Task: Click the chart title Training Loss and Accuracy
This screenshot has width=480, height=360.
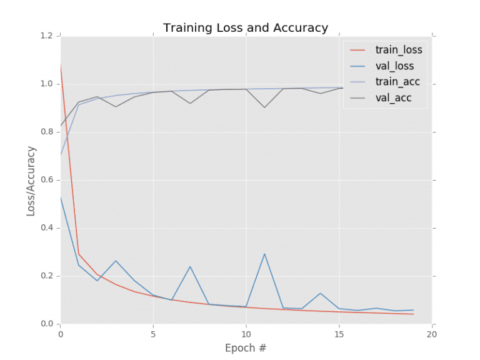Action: [246, 28]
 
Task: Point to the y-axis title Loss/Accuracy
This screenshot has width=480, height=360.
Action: [32, 181]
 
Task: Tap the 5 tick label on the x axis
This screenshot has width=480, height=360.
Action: [153, 333]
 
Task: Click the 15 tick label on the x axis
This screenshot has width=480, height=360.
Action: [339, 333]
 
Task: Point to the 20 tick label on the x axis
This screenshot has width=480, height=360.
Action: [432, 333]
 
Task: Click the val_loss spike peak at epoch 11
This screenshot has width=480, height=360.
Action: [264, 254]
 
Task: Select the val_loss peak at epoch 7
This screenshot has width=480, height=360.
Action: [190, 267]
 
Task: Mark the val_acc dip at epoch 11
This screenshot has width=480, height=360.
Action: [264, 107]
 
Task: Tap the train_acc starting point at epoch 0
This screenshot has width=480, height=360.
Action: [60, 154]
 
